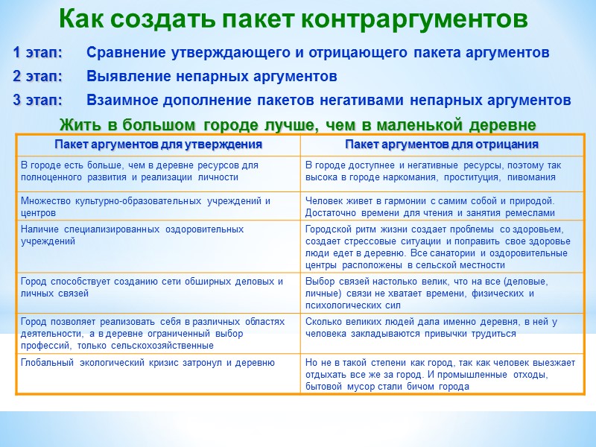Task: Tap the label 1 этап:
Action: [x=37, y=53]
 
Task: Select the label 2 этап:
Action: [x=37, y=77]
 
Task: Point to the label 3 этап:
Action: [x=37, y=100]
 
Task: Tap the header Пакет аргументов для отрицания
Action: [x=442, y=144]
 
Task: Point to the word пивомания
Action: [x=527, y=177]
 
